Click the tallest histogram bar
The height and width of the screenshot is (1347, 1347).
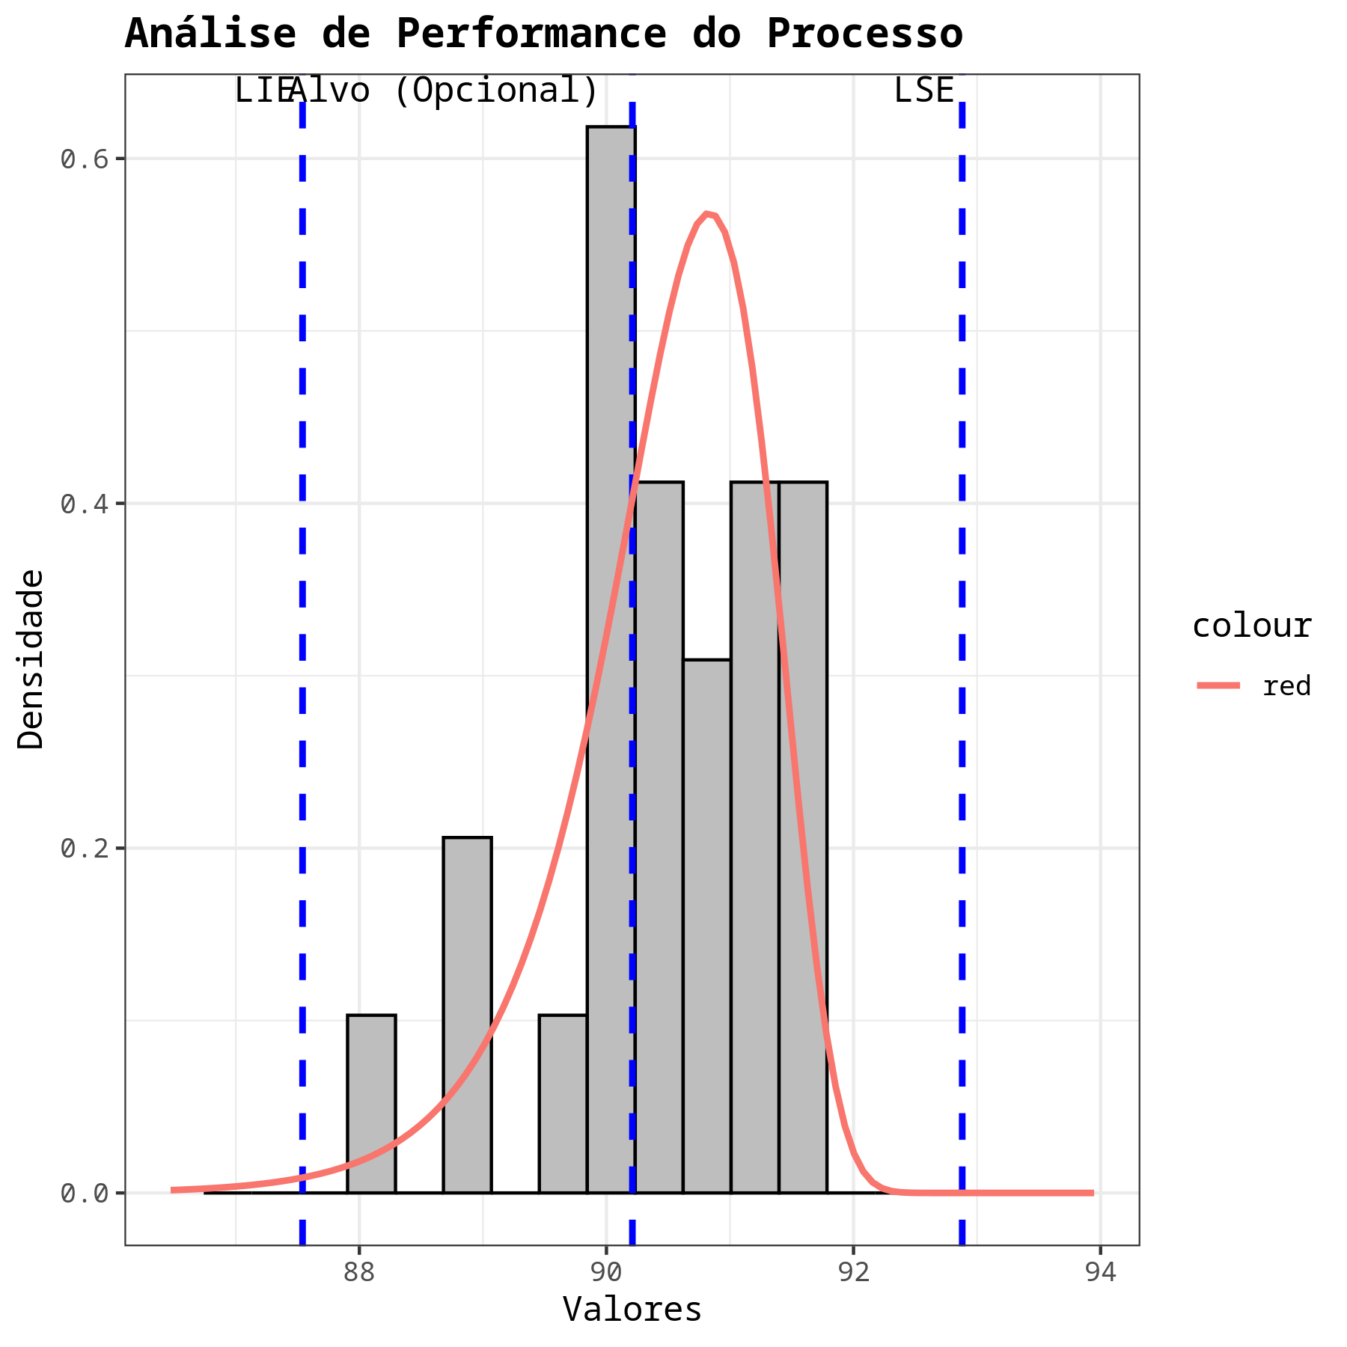point(611,659)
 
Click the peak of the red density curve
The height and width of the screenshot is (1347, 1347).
point(707,214)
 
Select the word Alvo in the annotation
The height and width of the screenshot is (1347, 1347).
point(330,91)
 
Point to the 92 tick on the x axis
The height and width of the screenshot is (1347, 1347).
point(853,1272)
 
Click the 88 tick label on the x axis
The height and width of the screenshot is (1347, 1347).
point(359,1272)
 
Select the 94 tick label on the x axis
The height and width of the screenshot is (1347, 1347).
point(1100,1272)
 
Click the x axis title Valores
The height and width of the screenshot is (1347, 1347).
point(632,1310)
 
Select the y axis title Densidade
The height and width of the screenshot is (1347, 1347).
point(31,659)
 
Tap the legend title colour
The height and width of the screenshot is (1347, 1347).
point(1251,626)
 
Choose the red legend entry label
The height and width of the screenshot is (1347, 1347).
point(1286,685)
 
